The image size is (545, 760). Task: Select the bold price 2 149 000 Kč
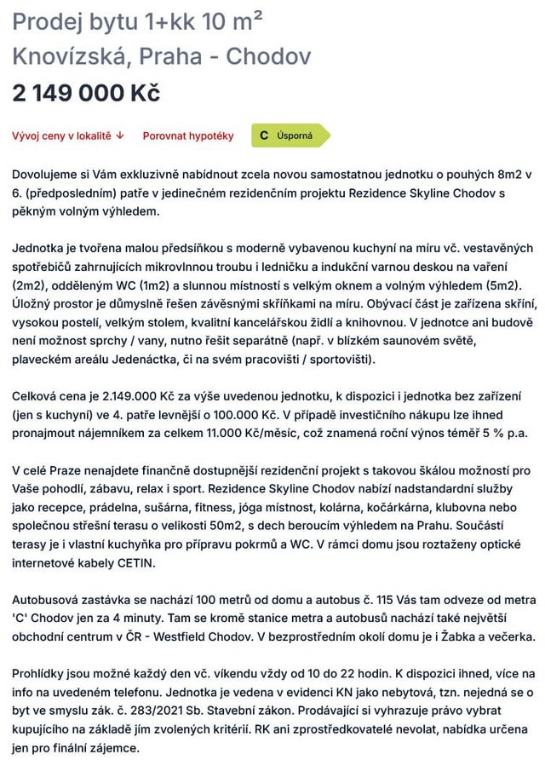86,93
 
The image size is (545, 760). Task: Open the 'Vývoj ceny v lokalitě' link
62,135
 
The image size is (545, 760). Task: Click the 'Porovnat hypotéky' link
188,135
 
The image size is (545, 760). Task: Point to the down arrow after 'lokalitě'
120,135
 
